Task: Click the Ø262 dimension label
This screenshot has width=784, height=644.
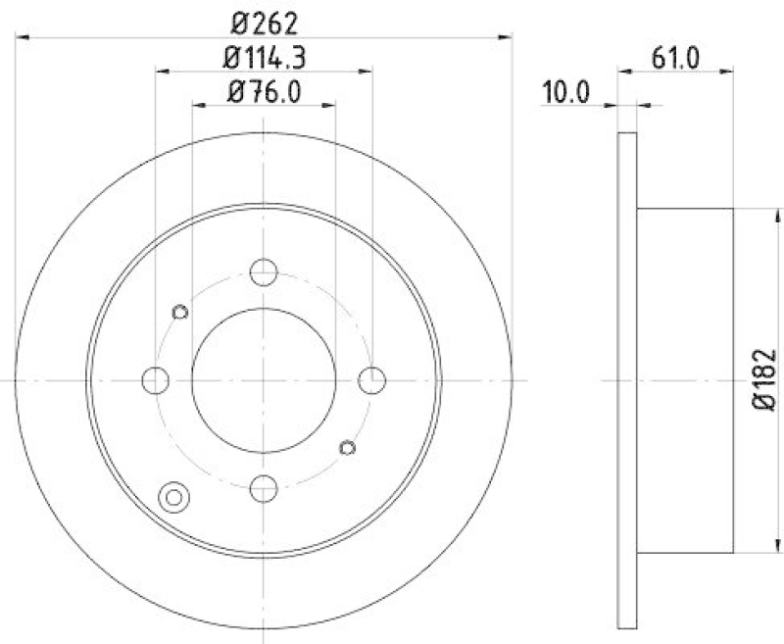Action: coord(264,21)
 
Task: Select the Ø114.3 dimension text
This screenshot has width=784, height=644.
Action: coord(265,58)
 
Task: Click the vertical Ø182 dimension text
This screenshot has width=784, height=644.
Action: coord(765,379)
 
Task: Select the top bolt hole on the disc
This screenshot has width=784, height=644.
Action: coord(264,272)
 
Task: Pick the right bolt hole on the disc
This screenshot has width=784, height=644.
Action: coord(371,379)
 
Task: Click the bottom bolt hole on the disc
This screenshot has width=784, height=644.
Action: coord(264,486)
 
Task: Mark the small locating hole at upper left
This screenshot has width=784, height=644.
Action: coord(179,312)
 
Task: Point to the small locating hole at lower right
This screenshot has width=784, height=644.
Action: coord(345,448)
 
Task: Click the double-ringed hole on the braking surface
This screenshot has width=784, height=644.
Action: coord(174,497)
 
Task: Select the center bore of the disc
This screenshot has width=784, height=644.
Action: coord(264,379)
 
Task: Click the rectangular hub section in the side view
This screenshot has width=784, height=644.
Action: coord(685,379)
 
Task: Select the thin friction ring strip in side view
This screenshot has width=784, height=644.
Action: coord(627,379)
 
